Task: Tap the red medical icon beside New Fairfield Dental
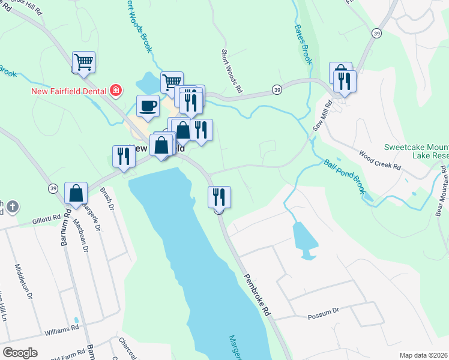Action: (x=115, y=91)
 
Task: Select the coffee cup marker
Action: (x=148, y=107)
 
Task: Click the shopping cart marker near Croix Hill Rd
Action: (x=83, y=62)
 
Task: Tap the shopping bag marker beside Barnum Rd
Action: (x=76, y=193)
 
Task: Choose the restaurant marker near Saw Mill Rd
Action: (x=345, y=82)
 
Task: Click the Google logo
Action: (x=20, y=353)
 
